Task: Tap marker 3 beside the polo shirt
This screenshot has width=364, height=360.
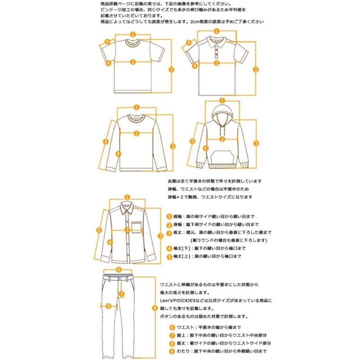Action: point(256,69)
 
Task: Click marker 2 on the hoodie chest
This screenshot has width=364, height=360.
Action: point(222,139)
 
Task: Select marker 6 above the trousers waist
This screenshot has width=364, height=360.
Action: point(119,269)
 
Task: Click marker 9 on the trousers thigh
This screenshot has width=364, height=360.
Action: point(109,306)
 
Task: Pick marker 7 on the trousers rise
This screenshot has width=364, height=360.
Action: point(122,294)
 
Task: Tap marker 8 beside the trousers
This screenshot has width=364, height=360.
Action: point(155,308)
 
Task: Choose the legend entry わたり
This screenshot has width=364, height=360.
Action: point(183,351)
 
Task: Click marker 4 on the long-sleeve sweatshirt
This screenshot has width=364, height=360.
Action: point(119,154)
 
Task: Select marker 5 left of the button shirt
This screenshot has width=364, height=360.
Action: point(99,230)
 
